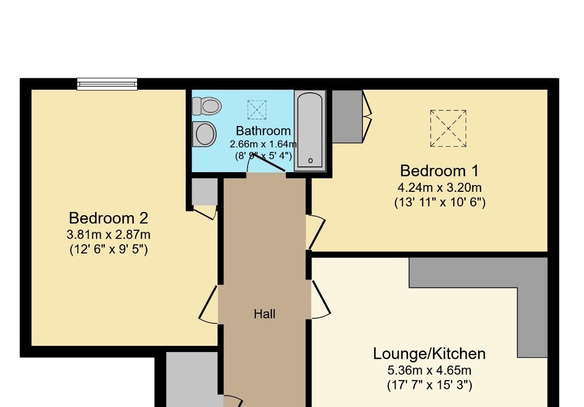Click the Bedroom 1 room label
tap(439, 171)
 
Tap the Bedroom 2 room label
tap(108, 218)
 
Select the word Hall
tap(264, 314)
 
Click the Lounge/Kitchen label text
tap(429, 354)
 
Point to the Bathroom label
tap(263, 131)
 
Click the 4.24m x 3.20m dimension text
tap(440, 188)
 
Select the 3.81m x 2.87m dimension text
tap(108, 235)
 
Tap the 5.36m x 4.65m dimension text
tap(429, 371)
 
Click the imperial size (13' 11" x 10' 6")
tap(440, 202)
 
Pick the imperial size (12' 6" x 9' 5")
tap(109, 249)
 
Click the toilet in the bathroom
tap(207, 106)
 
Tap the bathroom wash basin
tap(204, 134)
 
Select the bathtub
tap(310, 131)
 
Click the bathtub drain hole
tap(310, 161)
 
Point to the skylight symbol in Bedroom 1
tap(448, 129)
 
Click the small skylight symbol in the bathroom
tap(257, 110)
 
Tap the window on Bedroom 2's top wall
tap(107, 84)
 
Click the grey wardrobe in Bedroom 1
tap(347, 116)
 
